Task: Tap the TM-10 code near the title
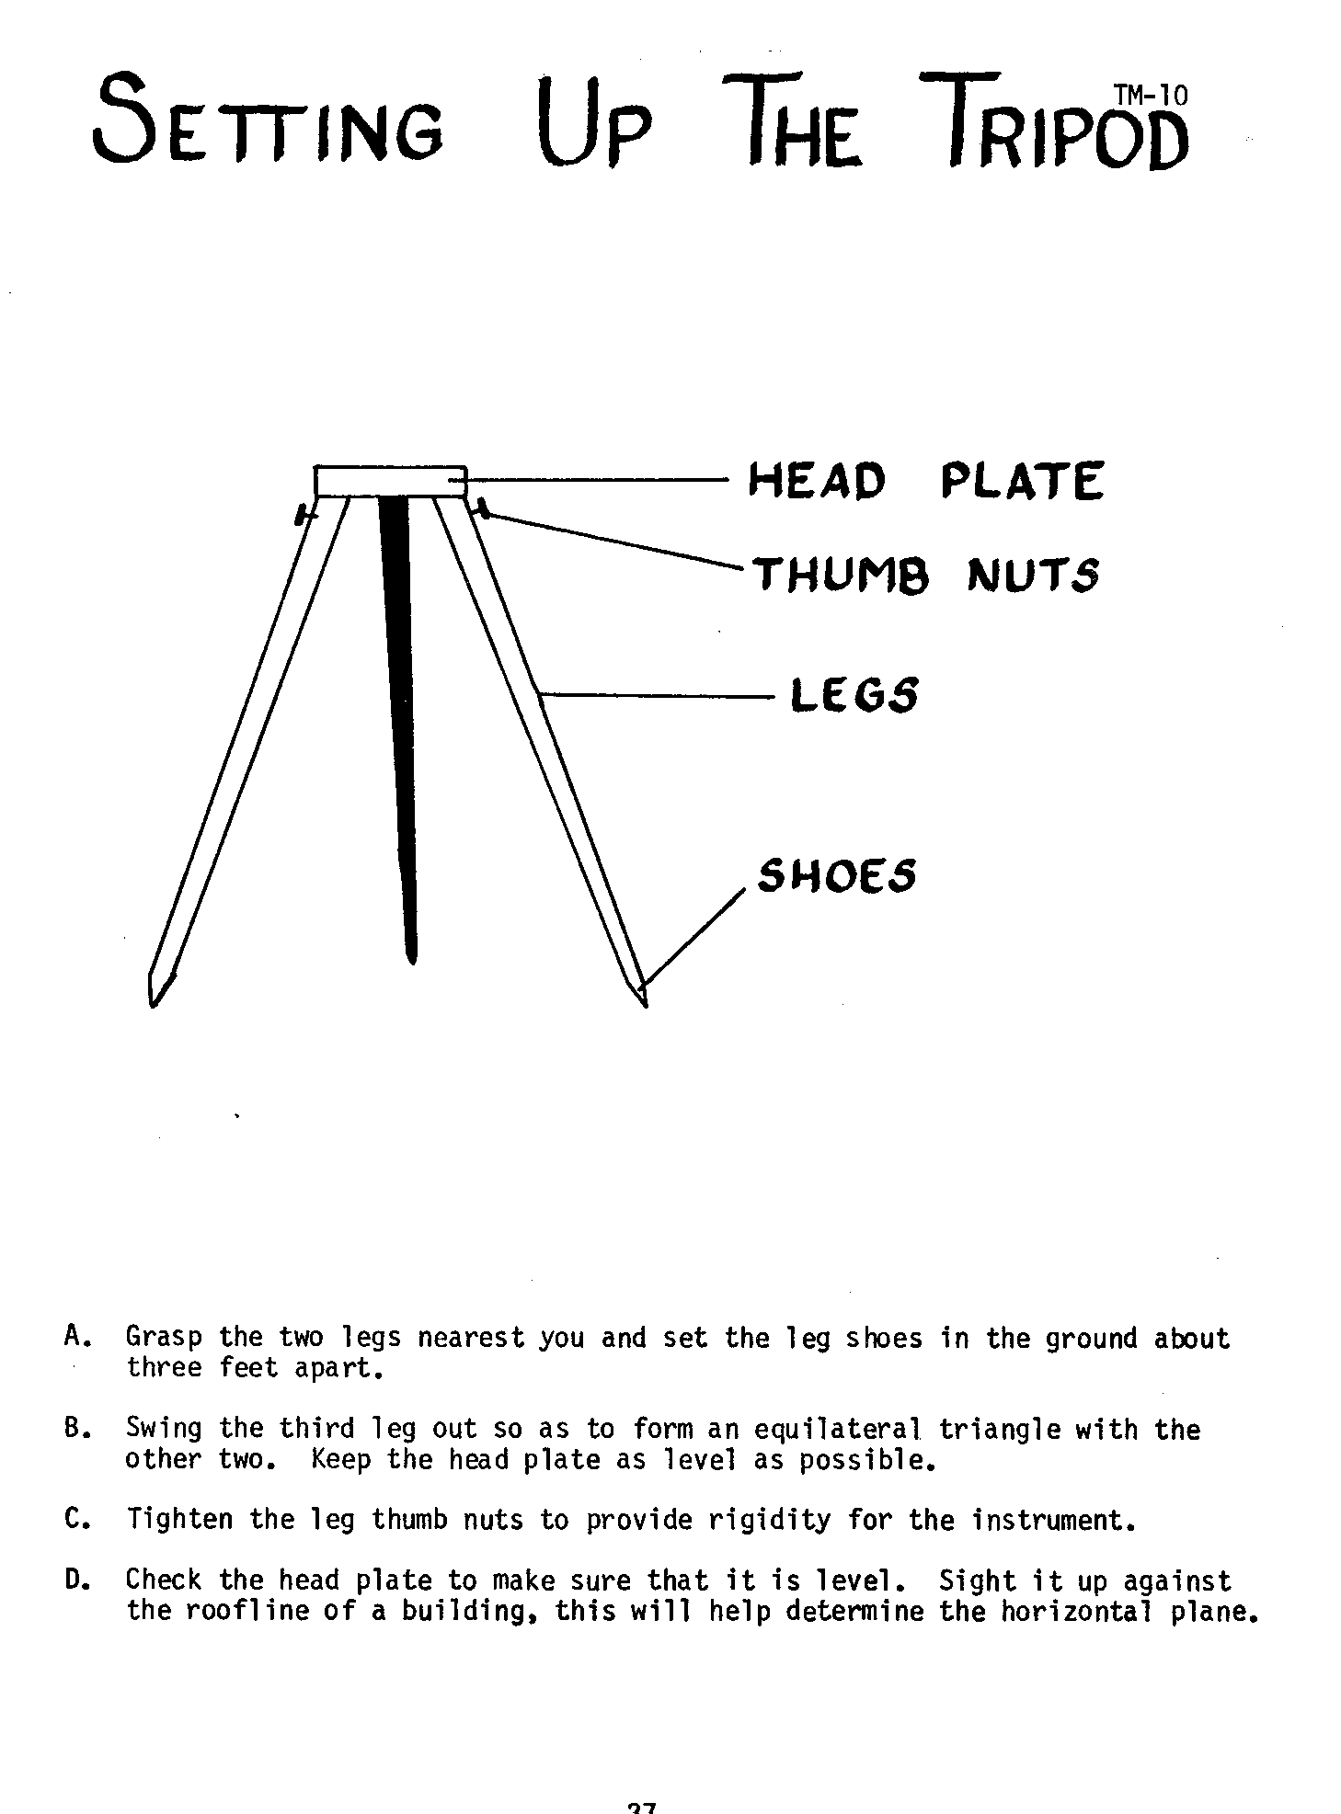[x=1150, y=95]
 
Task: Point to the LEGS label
[x=854, y=694]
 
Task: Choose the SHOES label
[x=837, y=875]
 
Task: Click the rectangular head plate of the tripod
[x=391, y=482]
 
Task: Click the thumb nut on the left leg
[x=302, y=514]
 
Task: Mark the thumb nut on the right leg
[x=481, y=508]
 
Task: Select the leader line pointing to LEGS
[x=658, y=696]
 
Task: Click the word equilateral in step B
[x=837, y=1431]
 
